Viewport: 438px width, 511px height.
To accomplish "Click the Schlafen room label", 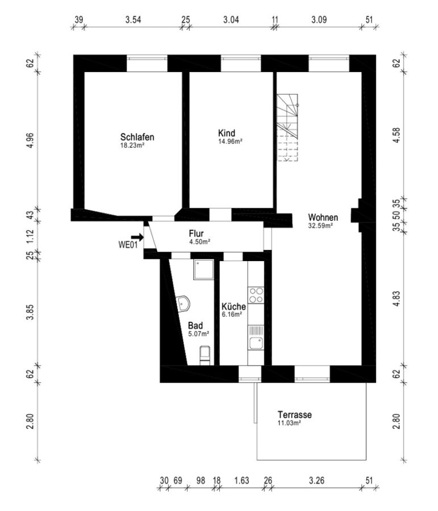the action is point(137,137).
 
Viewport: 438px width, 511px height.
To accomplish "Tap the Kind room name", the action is point(227,133).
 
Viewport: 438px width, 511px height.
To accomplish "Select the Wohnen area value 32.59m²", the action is point(320,225).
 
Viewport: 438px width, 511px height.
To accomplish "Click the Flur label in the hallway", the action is point(196,234).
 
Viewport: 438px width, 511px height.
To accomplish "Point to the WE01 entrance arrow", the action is point(137,237).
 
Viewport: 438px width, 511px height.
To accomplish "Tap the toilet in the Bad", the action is point(205,355).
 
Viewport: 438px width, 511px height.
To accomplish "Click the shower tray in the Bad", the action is point(203,270).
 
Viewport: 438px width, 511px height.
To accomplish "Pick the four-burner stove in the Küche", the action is point(256,295).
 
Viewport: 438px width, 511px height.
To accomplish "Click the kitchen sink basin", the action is point(256,343).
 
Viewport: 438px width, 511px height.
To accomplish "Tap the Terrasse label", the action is point(294,415).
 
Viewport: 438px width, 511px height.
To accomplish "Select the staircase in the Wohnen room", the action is point(287,128).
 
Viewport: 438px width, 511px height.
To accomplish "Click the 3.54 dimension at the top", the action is point(133,20).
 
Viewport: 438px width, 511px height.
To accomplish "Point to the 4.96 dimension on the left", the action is point(30,140).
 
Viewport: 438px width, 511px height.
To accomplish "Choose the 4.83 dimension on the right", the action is point(397,298).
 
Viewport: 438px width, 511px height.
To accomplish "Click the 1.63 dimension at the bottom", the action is point(241,481).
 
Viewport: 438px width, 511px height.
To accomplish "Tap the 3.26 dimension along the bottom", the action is point(316,481).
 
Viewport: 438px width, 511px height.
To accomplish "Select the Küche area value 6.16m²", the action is point(232,315).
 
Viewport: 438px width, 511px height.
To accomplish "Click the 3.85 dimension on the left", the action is point(30,312).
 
